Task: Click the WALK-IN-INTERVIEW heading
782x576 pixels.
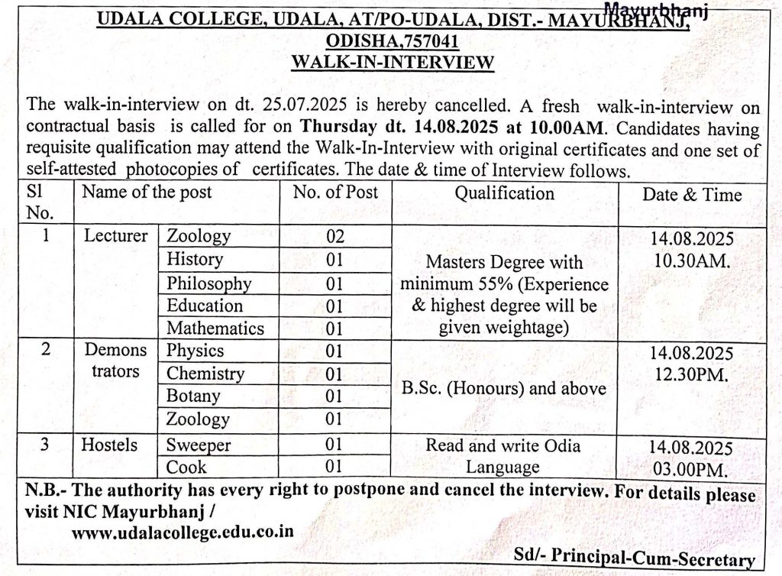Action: [393, 62]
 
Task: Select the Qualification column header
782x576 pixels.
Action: [505, 193]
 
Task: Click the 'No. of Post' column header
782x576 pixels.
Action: [335, 193]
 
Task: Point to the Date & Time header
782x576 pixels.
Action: [692, 195]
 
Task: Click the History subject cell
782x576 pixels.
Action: [195, 260]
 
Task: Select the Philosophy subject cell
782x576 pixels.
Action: [208, 283]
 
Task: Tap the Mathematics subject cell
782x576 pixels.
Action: [215, 328]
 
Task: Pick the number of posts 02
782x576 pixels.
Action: [335, 237]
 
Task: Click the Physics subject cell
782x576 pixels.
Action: [195, 351]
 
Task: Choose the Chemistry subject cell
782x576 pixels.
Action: [205, 374]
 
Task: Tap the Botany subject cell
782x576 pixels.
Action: [193, 396]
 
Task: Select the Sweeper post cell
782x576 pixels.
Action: [199, 445]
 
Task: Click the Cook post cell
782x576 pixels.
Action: [187, 467]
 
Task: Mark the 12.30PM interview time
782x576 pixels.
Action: [692, 375]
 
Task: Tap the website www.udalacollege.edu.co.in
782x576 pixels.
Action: [182, 532]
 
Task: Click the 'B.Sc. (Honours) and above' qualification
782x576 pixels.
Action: [504, 388]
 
